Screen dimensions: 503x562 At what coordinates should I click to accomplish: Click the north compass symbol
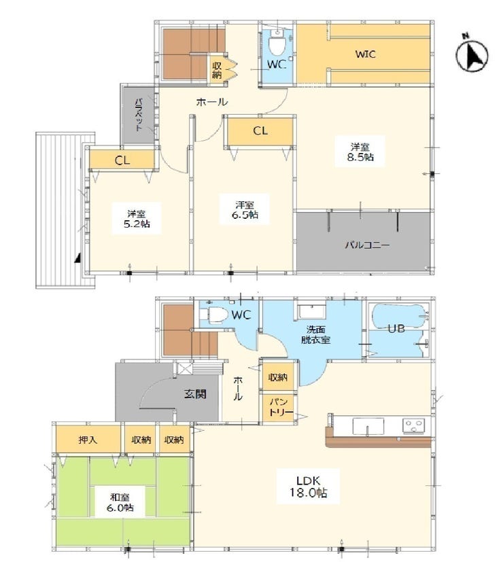coord(472,54)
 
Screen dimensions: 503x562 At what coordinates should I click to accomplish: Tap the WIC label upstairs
coord(365,54)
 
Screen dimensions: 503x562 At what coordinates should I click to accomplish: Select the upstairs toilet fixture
coord(277,42)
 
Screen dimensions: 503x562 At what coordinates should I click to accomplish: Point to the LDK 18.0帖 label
coord(309,487)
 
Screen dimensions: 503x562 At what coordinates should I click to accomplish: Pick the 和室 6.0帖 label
coord(120,502)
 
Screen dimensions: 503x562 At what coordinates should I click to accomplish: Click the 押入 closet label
coord(88,440)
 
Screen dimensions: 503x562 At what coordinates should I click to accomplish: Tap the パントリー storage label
coord(281,407)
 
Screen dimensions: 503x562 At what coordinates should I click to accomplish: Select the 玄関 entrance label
coord(195,394)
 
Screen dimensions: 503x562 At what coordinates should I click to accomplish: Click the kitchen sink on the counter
coord(368,426)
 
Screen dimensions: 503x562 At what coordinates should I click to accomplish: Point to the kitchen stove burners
coord(414,426)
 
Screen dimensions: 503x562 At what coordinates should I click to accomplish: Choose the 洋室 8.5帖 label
coord(360,152)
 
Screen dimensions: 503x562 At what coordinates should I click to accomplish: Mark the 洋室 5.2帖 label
coord(136,219)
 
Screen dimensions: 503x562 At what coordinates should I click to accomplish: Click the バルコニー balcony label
coord(367,245)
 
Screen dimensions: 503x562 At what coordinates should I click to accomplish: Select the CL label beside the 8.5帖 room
coord(260,131)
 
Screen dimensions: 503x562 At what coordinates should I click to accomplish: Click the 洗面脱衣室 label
coord(315,334)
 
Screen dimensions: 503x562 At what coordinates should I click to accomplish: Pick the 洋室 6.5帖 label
coord(245,210)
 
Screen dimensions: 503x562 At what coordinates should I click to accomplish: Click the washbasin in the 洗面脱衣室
coord(312,311)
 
